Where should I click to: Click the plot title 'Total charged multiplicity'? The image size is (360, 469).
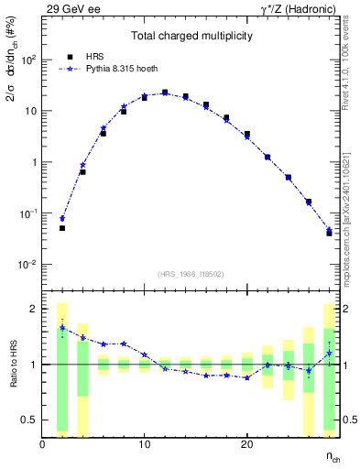[191, 37]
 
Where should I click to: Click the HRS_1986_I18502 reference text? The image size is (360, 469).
[191, 273]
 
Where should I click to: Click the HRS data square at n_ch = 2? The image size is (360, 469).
[62, 228]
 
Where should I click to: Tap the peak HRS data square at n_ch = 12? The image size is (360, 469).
[165, 93]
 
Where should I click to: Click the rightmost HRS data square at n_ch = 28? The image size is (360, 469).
[329, 233]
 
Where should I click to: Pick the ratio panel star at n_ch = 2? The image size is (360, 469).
[62, 327]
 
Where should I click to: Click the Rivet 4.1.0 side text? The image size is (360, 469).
[350, 64]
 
